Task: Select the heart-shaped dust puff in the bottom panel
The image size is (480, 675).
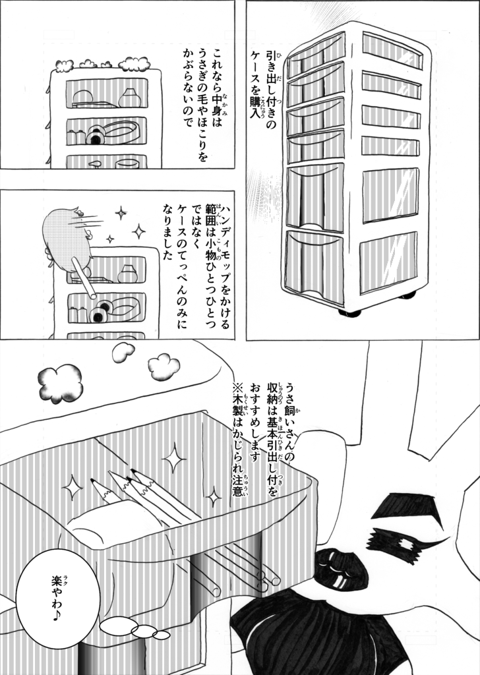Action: coord(123,353)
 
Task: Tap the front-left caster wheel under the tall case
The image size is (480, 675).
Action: coord(350,312)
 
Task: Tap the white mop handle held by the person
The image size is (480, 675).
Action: coord(86,277)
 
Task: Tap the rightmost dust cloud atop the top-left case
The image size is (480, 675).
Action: coord(135,64)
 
